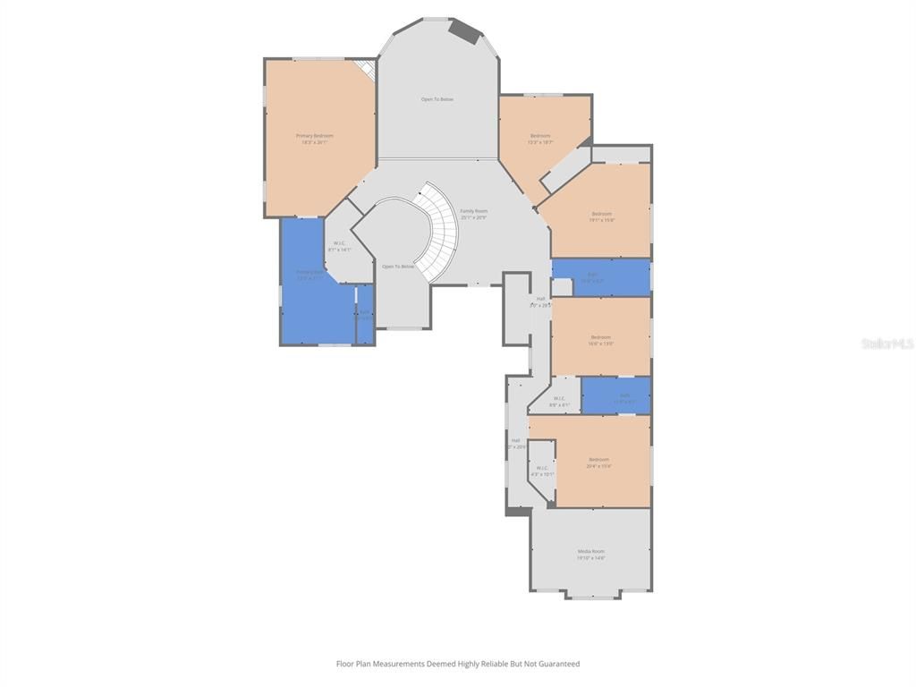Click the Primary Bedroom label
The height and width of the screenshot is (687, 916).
315,139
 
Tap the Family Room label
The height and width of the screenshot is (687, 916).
473,214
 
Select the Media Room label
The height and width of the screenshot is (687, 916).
590,555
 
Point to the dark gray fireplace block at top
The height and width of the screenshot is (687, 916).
464,30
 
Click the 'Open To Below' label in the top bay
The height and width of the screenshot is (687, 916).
437,99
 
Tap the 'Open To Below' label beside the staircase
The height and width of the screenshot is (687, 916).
398,267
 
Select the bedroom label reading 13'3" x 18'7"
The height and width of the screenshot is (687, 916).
539,139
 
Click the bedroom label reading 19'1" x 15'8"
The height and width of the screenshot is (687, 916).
601,216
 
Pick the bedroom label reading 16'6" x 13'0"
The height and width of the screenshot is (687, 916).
600,340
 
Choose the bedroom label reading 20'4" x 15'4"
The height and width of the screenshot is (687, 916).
598,462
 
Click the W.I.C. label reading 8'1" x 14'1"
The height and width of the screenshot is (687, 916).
340,246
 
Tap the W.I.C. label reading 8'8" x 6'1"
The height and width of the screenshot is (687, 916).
559,402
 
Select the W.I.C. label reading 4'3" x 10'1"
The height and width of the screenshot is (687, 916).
542,471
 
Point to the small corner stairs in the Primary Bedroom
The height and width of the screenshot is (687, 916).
364,70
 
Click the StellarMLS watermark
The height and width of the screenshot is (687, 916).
886,343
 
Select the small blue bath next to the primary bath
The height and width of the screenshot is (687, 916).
364,314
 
